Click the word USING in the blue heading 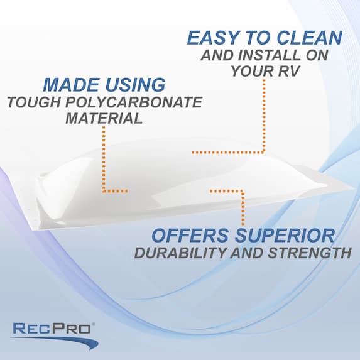[133, 84]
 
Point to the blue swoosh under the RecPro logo [63, 342]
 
